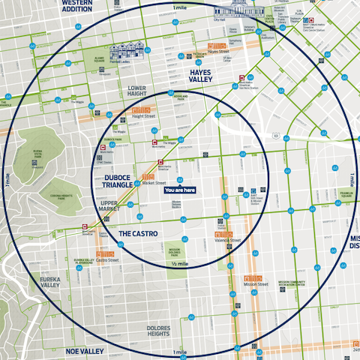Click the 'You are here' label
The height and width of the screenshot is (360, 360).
[x=179, y=190]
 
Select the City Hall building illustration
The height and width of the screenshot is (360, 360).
[x=229, y=13]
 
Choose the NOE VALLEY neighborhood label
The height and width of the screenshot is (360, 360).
[x=83, y=351]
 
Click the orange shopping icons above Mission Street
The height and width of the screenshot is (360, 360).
[x=251, y=278]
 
